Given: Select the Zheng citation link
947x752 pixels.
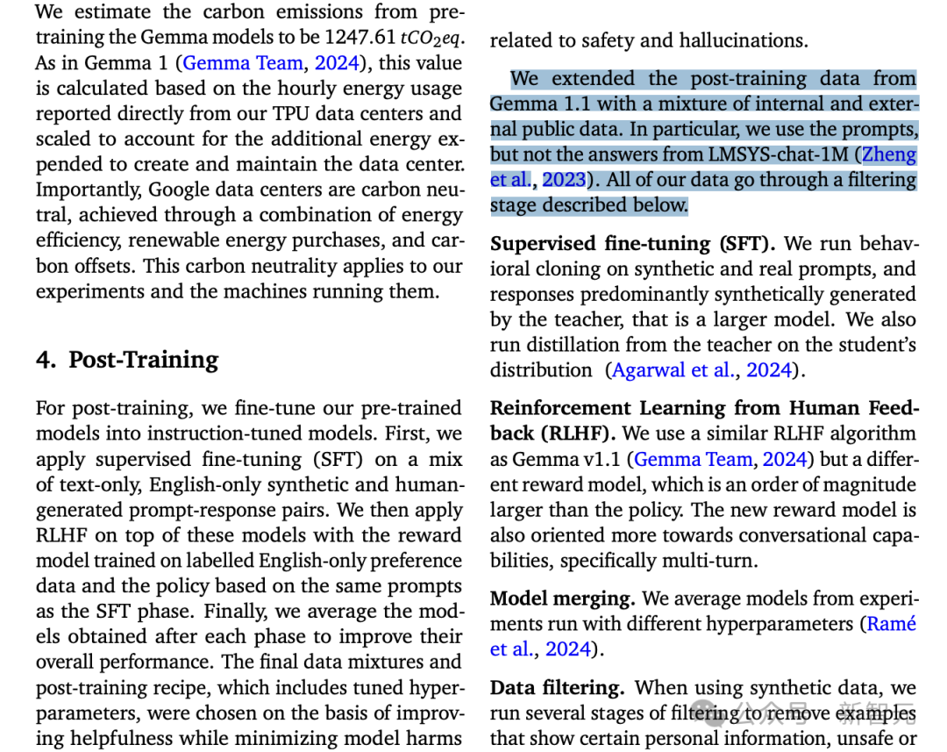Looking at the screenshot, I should [889, 155].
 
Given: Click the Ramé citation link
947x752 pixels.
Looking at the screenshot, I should [891, 624].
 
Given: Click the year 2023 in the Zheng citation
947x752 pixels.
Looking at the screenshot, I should [563, 181].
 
